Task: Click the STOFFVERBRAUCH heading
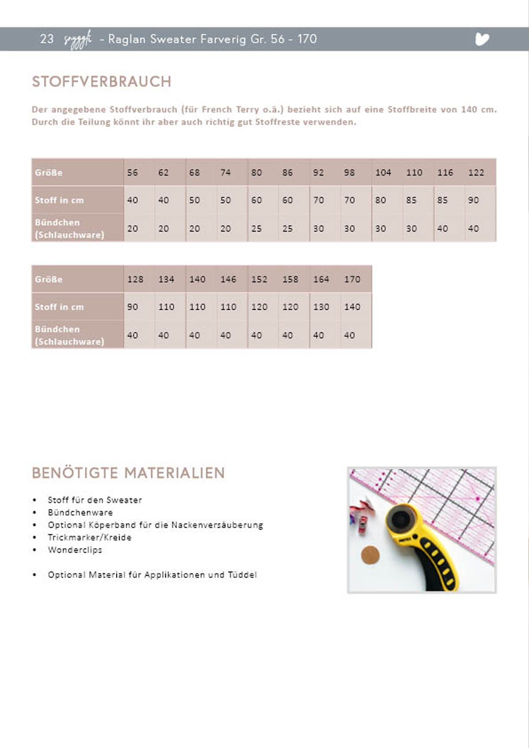tap(101, 82)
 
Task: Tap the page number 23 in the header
tap(47, 39)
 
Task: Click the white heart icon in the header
tap(482, 39)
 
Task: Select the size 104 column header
tap(383, 173)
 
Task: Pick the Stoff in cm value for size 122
tap(473, 200)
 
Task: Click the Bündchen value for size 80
tap(256, 228)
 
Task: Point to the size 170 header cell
tap(352, 279)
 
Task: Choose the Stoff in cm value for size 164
tap(321, 307)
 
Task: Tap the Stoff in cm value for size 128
tap(133, 307)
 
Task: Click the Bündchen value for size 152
tap(256, 335)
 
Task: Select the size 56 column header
tap(132, 173)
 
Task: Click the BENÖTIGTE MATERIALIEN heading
tap(128, 473)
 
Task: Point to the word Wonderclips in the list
tap(75, 550)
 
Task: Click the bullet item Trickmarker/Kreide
tap(90, 537)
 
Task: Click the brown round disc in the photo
tap(370, 555)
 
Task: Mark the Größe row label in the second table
tap(49, 280)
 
